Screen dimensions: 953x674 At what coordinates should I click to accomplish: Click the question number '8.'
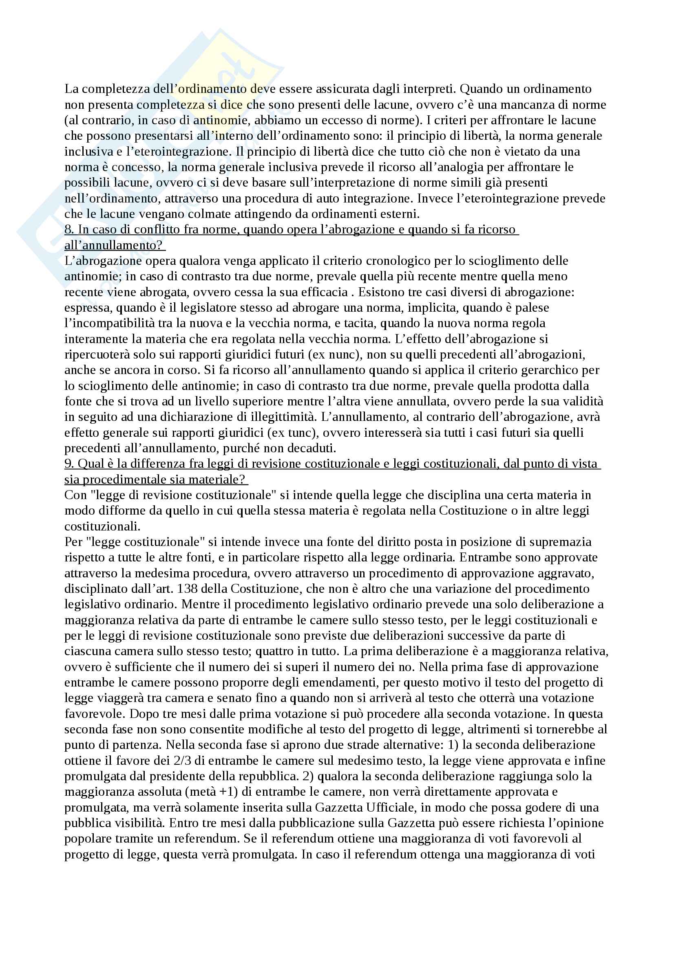click(69, 229)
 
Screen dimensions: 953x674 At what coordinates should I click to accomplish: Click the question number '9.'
click(69, 464)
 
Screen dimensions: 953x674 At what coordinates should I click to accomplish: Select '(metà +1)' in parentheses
click(212, 792)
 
